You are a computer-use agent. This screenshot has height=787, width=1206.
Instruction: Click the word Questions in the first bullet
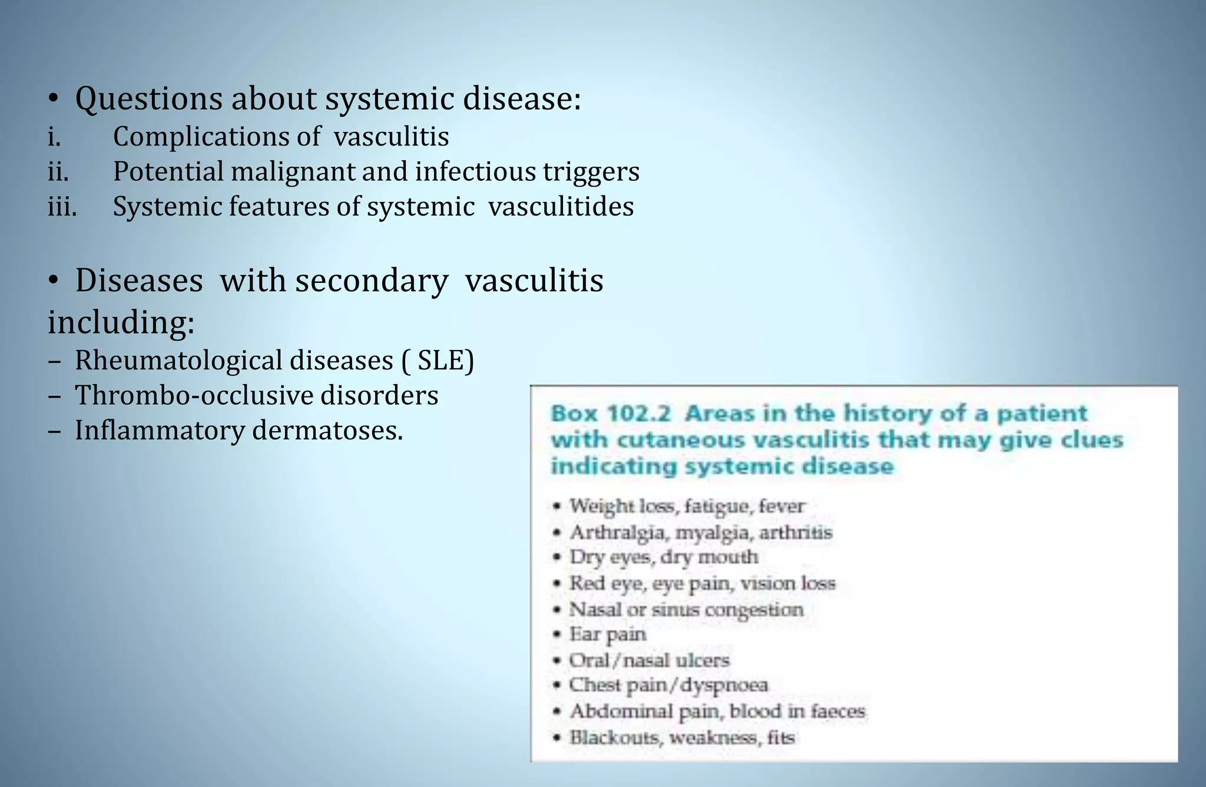(x=148, y=99)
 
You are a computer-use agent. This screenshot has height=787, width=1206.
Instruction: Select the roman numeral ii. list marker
(x=58, y=172)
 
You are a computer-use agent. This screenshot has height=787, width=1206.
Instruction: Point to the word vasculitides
(x=561, y=207)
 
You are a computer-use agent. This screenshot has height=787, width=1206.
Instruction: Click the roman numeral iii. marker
(x=62, y=207)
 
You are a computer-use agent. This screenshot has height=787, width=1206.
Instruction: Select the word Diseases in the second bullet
(x=139, y=280)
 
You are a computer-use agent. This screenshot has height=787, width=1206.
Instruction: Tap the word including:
(x=121, y=323)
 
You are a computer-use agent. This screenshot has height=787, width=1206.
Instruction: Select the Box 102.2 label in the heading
(x=611, y=413)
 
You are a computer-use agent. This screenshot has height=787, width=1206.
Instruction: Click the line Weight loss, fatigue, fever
(x=687, y=506)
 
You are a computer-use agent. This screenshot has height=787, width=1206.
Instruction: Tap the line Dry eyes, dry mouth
(x=664, y=557)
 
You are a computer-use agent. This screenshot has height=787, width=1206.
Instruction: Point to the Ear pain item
(x=608, y=634)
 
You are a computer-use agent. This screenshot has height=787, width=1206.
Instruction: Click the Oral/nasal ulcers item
(x=649, y=660)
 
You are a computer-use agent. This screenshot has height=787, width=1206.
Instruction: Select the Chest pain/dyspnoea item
(x=668, y=686)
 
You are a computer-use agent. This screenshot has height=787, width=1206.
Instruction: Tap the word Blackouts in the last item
(x=614, y=738)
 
